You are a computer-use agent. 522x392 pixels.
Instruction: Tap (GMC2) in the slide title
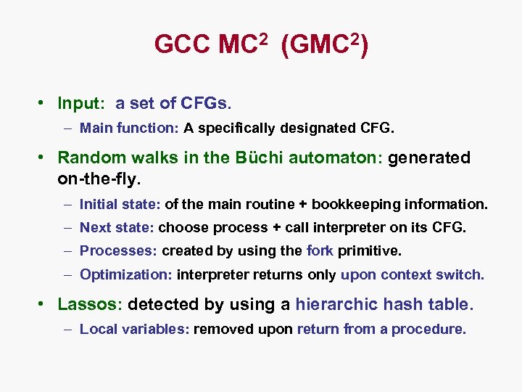click(324, 46)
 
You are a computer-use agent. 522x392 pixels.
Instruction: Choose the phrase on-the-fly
click(99, 176)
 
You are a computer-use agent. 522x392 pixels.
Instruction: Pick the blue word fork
click(320, 250)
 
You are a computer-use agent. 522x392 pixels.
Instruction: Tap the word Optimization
click(125, 274)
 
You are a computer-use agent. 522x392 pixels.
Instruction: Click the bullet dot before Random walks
click(43, 158)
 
